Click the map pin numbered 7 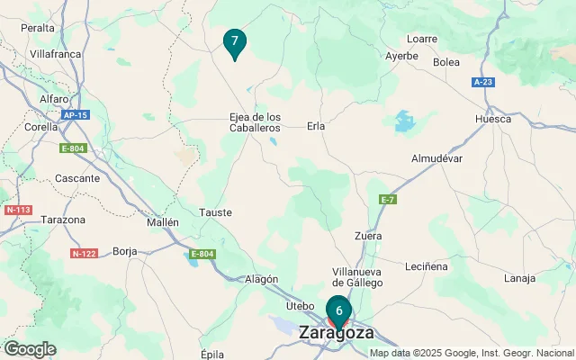coord(234,41)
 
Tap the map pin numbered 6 coord(338,310)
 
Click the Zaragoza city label coord(336,332)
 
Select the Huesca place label coord(493,119)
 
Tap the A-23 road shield coord(483,82)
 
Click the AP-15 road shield coord(76,115)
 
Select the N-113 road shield coord(18,210)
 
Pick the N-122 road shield coord(84,254)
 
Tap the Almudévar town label coord(436,158)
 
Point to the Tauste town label coord(215,212)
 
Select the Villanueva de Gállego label coord(357,277)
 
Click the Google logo coord(30,349)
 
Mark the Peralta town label coord(38,29)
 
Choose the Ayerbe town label coord(401,56)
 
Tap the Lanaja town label coord(519,279)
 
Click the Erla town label coord(315,126)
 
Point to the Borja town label coord(125,252)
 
